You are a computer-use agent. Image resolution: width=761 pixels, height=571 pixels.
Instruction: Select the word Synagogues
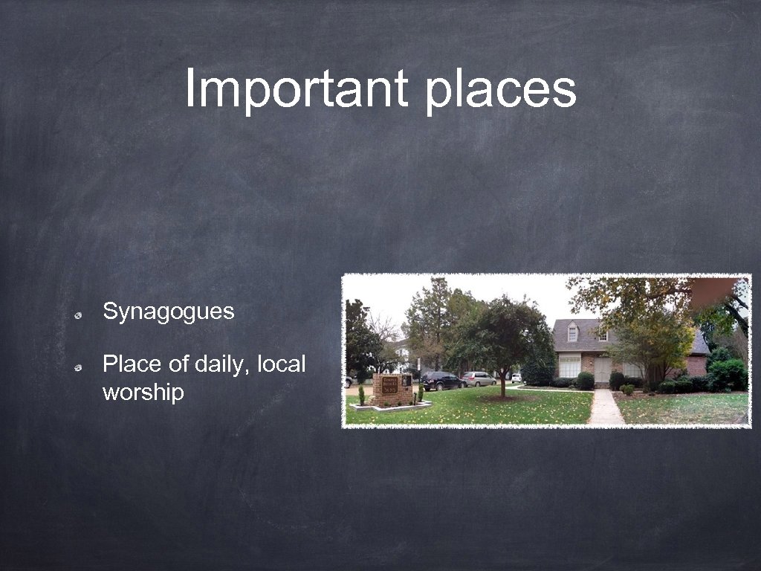tap(168, 312)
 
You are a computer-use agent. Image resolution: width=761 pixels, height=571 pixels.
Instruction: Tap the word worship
tap(143, 392)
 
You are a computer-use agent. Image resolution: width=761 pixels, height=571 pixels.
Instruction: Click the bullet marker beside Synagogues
tap(77, 315)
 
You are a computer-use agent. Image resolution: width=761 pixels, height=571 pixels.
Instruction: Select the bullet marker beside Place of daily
tap(77, 368)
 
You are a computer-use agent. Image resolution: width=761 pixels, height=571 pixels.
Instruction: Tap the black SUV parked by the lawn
tap(443, 381)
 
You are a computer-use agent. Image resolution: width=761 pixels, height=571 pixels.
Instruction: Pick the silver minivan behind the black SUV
tap(480, 378)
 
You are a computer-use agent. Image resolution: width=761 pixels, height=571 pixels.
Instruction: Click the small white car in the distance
tap(516, 378)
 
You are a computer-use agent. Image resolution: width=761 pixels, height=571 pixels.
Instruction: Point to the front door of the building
tap(602, 370)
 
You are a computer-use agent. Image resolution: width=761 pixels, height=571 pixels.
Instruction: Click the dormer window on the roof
tap(573, 334)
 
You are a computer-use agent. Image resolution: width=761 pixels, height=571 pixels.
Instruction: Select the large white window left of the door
tap(570, 366)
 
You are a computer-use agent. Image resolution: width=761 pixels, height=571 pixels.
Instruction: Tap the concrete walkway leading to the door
tap(606, 408)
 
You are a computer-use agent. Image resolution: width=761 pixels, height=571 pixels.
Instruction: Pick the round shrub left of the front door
tap(586, 381)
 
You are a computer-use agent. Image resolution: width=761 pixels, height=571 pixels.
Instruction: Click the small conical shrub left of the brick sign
tap(361, 396)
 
